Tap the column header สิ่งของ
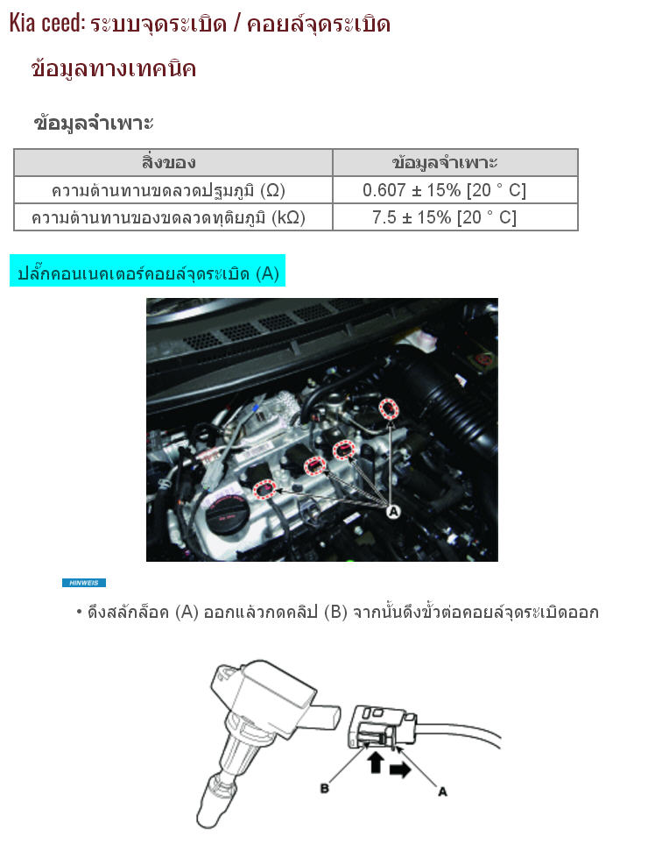click(x=169, y=162)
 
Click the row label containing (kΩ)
click(x=169, y=217)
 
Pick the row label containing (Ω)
click(x=169, y=190)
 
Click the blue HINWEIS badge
click(x=84, y=583)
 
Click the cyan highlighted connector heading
click(x=148, y=271)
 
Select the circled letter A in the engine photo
click(x=393, y=512)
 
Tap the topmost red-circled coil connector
click(x=389, y=408)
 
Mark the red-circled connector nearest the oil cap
click(x=265, y=489)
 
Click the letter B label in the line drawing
click(x=325, y=789)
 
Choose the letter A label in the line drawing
click(x=442, y=791)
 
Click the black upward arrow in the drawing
click(x=376, y=762)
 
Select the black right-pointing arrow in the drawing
click(x=400, y=769)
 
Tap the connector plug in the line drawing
click(x=382, y=727)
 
